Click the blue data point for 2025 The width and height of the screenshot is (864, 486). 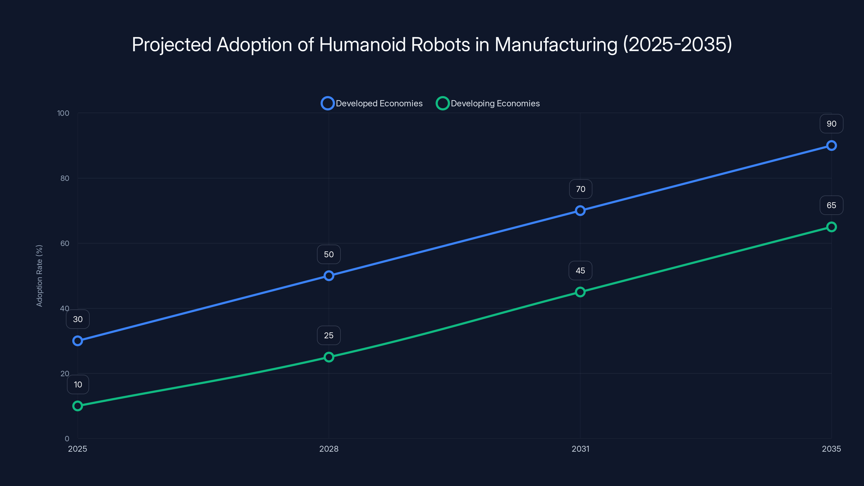click(x=77, y=341)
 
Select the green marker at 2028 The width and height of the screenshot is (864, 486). click(x=329, y=357)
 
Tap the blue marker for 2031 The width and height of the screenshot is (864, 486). click(x=580, y=211)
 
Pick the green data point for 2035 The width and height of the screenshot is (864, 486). click(x=831, y=227)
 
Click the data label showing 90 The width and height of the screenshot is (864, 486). click(x=831, y=124)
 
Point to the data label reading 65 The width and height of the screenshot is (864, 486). click(x=831, y=205)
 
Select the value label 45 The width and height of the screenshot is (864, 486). click(x=580, y=271)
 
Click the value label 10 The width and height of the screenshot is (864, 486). click(x=78, y=384)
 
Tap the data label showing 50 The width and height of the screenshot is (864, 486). click(x=329, y=254)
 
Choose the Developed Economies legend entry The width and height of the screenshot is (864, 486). click(x=372, y=103)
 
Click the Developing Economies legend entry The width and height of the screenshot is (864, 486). click(x=488, y=103)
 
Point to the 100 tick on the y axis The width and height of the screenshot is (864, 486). click(x=63, y=113)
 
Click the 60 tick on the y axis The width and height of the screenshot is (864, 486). click(x=65, y=243)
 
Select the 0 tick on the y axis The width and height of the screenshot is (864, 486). click(x=67, y=438)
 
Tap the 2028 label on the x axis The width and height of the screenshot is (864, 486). click(x=329, y=449)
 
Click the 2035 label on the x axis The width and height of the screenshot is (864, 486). click(x=831, y=449)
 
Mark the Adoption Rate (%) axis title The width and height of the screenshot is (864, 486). click(x=39, y=276)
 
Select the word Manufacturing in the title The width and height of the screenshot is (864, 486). click(x=556, y=45)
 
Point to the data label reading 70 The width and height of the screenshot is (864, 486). click(x=580, y=189)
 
